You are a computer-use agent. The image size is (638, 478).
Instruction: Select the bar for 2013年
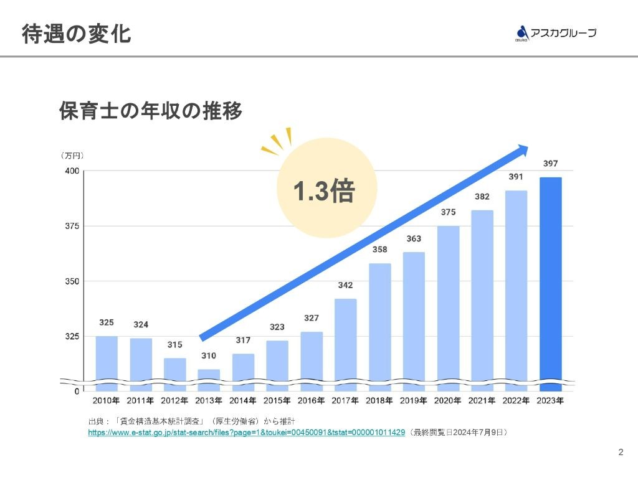[209, 380]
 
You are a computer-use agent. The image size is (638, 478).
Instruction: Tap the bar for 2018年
[379, 324]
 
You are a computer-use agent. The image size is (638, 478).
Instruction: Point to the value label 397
[550, 164]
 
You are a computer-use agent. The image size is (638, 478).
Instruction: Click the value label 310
[209, 356]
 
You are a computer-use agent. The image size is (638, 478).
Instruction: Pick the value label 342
[345, 285]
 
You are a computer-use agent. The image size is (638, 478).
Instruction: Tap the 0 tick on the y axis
[76, 391]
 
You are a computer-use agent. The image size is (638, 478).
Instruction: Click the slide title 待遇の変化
[76, 34]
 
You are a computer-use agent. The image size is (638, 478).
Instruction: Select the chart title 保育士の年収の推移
[150, 111]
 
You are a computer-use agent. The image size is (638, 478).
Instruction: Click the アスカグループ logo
[555, 33]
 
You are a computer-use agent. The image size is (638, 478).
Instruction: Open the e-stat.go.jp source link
[247, 432]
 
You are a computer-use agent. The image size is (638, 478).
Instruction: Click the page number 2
[620, 452]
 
